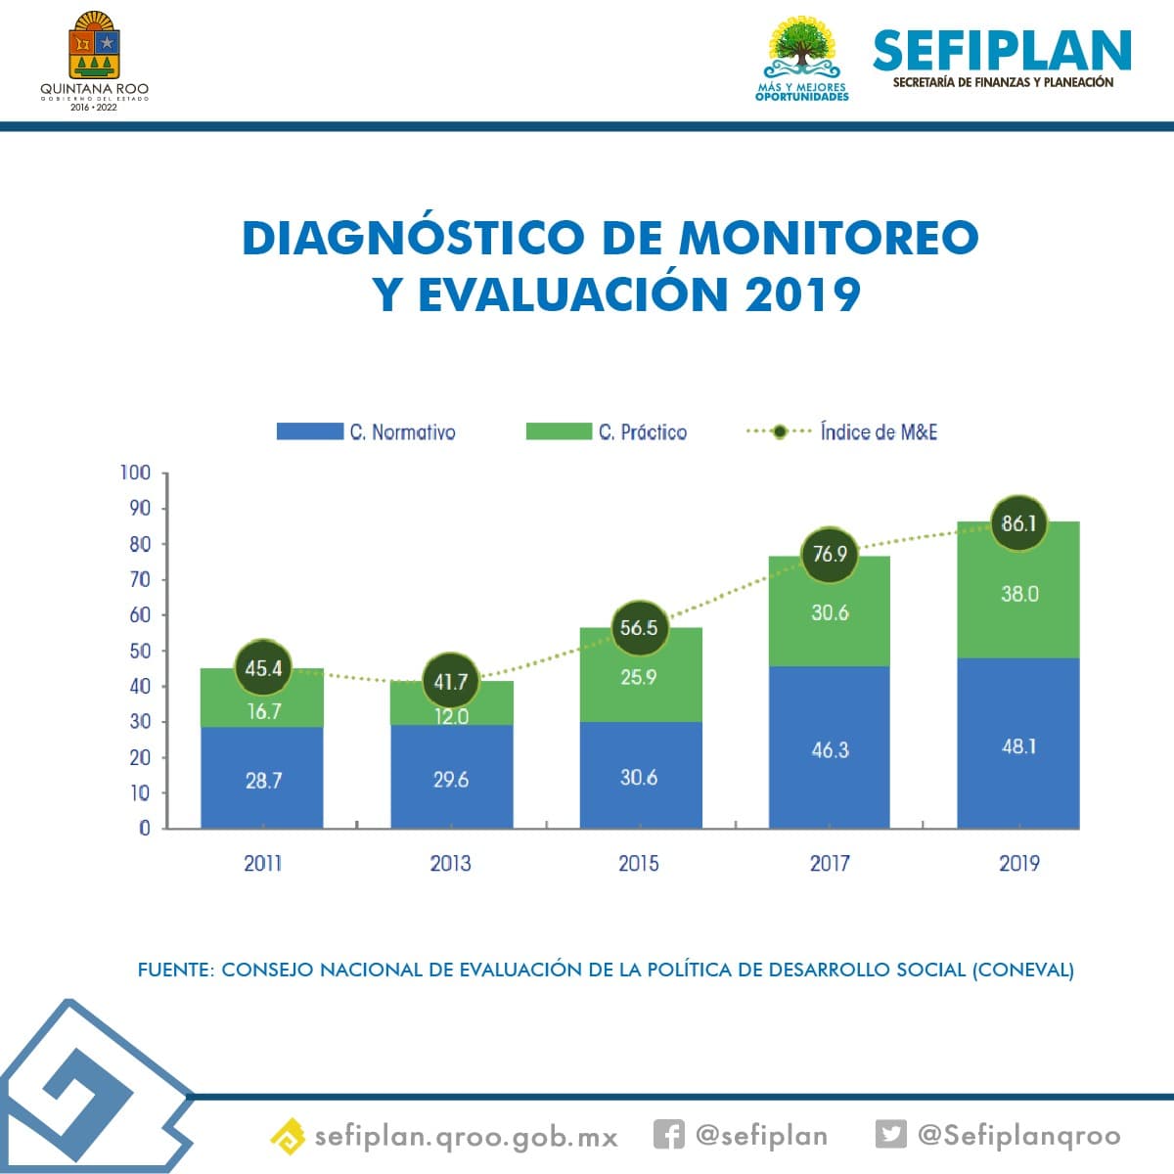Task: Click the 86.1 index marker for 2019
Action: coord(1018,523)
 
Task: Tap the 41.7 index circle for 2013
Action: coord(450,681)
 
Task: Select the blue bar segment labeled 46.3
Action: coord(830,749)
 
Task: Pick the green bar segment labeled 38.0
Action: coord(1018,593)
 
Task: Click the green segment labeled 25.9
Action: coord(639,677)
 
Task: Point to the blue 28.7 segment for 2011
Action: coord(262,780)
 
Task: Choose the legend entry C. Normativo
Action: coord(366,431)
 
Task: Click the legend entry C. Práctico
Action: coord(607,431)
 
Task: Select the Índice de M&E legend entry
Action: coord(841,431)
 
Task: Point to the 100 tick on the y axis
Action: coord(135,473)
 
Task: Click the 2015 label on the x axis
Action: coord(639,863)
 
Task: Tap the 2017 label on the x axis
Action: coord(830,863)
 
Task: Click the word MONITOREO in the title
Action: coord(829,238)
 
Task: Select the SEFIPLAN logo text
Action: coord(1002,51)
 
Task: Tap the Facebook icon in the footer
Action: coord(668,1135)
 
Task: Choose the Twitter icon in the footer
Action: coord(890,1134)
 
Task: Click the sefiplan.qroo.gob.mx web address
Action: coord(466,1137)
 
